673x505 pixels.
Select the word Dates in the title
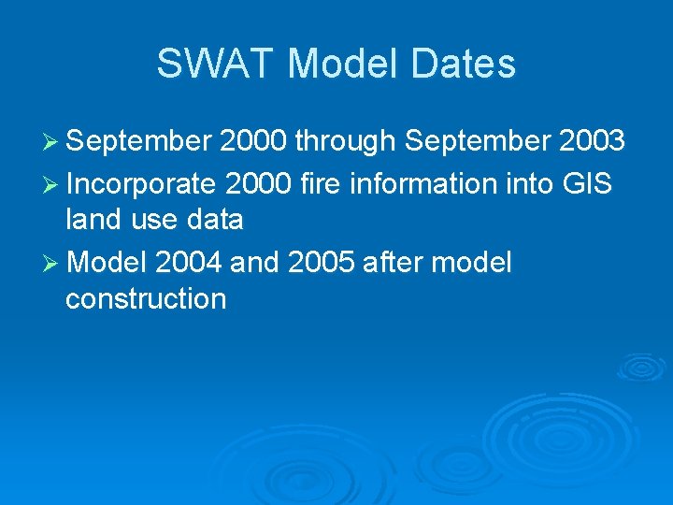coord(465,64)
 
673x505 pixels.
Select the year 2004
coord(190,263)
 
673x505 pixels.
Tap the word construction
coord(146,299)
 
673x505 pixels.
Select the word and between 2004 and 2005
coord(255,263)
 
